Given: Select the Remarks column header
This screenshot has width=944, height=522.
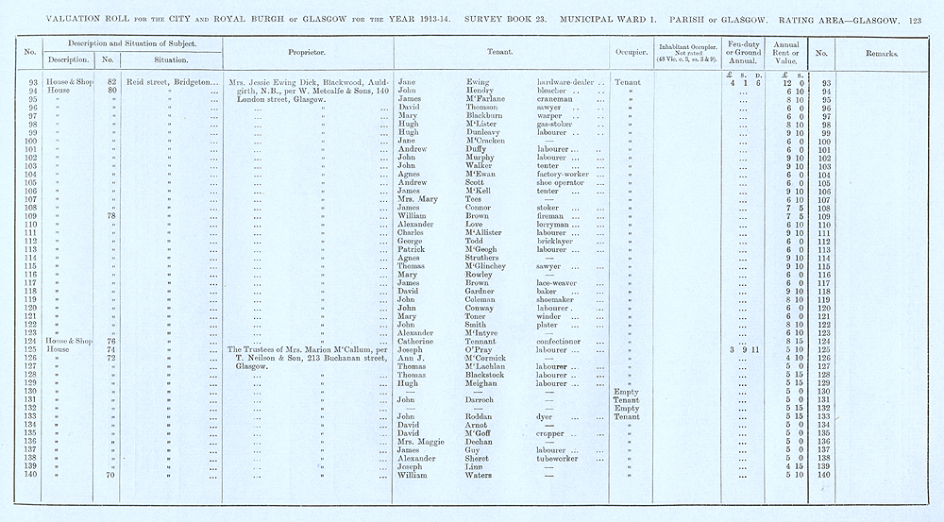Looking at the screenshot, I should tap(881, 54).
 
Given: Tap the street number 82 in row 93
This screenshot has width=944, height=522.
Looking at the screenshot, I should tap(111, 82).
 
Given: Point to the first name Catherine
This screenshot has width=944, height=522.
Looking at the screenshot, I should tap(417, 341).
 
